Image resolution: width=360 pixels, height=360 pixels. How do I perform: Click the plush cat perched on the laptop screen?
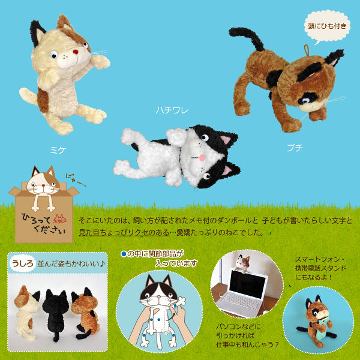[x=244, y=263]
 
